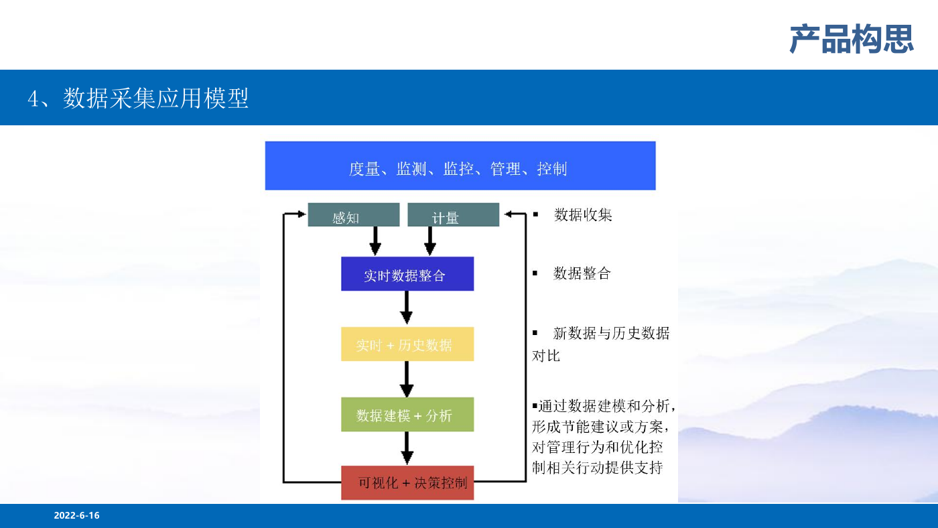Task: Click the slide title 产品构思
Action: pyautogui.click(x=852, y=39)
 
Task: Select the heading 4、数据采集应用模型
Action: pyautogui.click(x=138, y=98)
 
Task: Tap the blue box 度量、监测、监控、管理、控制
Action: pyautogui.click(x=460, y=166)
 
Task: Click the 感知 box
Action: pyautogui.click(x=354, y=215)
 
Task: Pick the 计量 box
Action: pyautogui.click(x=453, y=215)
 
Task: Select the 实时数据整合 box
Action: pyautogui.click(x=407, y=274)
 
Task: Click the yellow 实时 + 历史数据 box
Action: pyautogui.click(x=407, y=344)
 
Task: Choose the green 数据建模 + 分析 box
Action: pyautogui.click(x=407, y=415)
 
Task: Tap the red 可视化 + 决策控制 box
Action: pyautogui.click(x=407, y=483)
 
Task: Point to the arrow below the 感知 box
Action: pyautogui.click(x=375, y=241)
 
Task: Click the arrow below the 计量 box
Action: pyautogui.click(x=430, y=241)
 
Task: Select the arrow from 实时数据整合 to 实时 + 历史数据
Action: pyautogui.click(x=407, y=308)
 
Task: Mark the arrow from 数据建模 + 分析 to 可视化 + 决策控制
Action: pyautogui.click(x=407, y=448)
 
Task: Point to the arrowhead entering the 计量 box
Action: pyautogui.click(x=509, y=214)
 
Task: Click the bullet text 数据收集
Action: pyautogui.click(x=583, y=215)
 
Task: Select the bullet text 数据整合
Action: pyautogui.click(x=582, y=273)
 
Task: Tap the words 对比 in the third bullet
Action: pyautogui.click(x=545, y=356)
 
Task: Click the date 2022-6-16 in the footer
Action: pyautogui.click(x=76, y=515)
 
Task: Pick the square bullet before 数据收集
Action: pyautogui.click(x=535, y=214)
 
